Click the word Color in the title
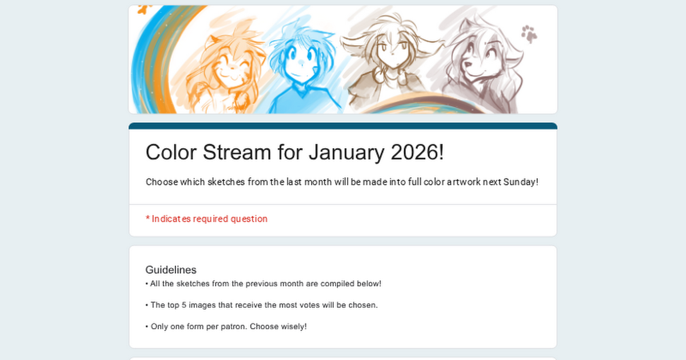171,152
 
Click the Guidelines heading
171,270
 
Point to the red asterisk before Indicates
147,218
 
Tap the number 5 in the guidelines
184,305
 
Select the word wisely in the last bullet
294,327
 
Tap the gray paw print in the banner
529,34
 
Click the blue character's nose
301,63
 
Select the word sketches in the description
226,182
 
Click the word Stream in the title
237,152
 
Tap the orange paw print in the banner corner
144,9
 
